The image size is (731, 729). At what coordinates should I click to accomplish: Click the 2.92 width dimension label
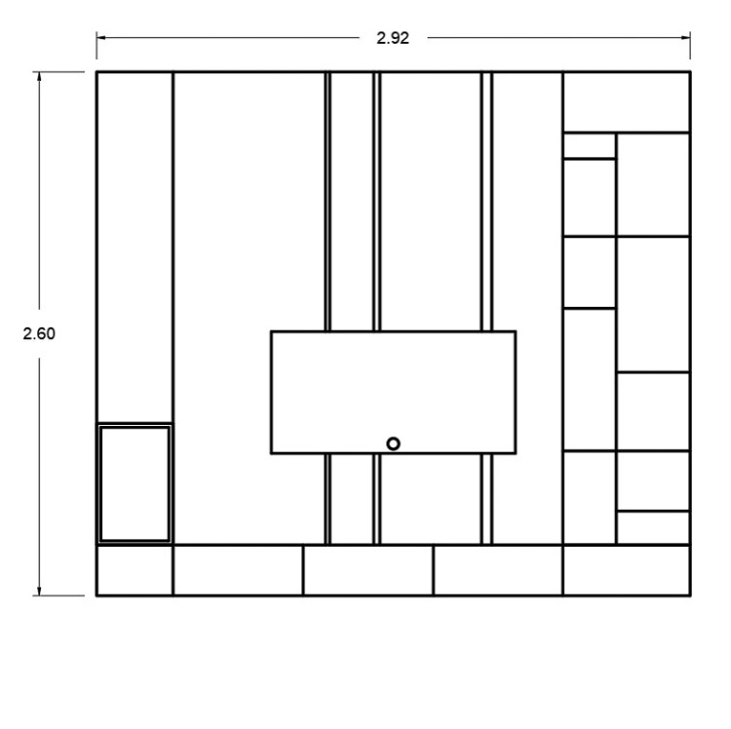[393, 38]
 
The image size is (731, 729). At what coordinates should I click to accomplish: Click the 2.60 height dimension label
[39, 333]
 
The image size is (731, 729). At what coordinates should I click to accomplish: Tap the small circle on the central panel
[393, 443]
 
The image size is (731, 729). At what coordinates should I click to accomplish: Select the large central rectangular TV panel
[393, 393]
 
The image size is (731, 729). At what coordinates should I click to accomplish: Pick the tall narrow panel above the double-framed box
[135, 247]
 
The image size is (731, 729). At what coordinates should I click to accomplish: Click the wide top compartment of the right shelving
[627, 102]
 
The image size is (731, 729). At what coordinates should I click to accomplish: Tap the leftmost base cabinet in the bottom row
[135, 570]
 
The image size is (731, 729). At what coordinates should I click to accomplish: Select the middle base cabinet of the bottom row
[368, 570]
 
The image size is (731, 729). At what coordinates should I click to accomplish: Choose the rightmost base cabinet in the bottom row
[627, 570]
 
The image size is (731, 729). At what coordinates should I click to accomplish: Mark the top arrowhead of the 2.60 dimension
[39, 76]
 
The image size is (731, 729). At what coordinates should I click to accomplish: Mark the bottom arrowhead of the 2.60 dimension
[39, 591]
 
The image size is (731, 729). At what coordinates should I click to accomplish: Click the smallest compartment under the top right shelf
[590, 146]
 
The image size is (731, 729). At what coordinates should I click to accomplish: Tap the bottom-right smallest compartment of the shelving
[653, 527]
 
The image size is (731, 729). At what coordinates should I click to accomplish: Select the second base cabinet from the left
[238, 570]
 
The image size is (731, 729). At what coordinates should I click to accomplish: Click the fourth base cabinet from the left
[498, 570]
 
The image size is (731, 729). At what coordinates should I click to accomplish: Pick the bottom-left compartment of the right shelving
[590, 498]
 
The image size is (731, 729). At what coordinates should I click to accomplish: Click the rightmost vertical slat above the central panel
[486, 202]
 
